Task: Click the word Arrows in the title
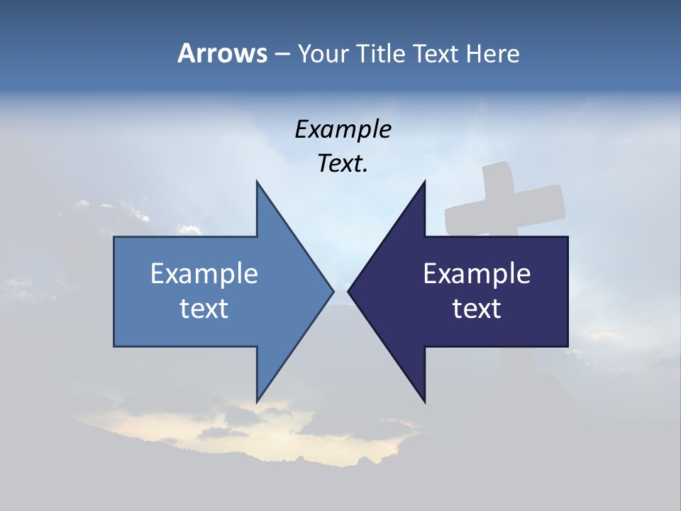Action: pos(222,53)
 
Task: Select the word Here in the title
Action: pos(492,53)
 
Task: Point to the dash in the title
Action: pos(282,55)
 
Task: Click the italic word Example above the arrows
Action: pos(343,130)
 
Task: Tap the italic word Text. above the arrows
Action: pos(343,164)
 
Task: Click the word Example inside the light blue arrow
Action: pos(204,274)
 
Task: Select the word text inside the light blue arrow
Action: pos(204,309)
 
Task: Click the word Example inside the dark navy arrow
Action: pos(477,274)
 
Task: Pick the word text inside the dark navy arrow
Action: pos(477,309)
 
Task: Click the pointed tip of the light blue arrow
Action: pos(332,291)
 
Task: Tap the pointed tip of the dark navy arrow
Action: pos(349,291)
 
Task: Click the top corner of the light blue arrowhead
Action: pos(257,182)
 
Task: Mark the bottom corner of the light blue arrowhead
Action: pos(257,401)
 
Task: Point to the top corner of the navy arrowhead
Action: pos(424,182)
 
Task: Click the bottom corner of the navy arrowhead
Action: pos(424,401)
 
